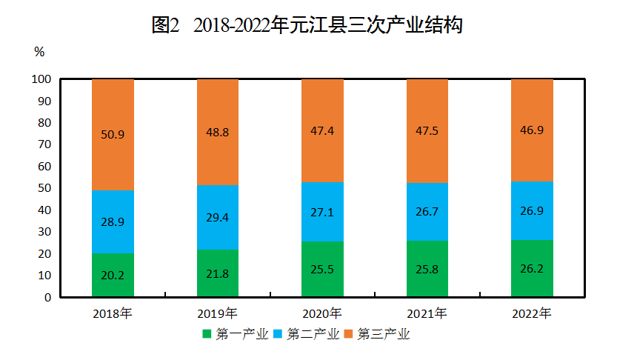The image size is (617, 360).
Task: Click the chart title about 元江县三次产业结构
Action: pos(307,25)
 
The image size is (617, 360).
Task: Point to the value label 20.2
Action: pos(113,275)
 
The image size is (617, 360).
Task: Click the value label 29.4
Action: pos(217,217)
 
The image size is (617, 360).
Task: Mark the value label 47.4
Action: pos(322,130)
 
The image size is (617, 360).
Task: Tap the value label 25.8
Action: pos(427,269)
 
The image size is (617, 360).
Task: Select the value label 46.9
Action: pos(532,130)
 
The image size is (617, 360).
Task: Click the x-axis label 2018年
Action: pos(113,313)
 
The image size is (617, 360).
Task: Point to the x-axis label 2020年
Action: pos(322,313)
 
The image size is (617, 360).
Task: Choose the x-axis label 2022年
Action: pos(532,313)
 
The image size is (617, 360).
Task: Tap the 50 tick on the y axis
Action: pos(44,188)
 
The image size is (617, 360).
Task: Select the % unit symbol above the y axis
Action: pos(39,52)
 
